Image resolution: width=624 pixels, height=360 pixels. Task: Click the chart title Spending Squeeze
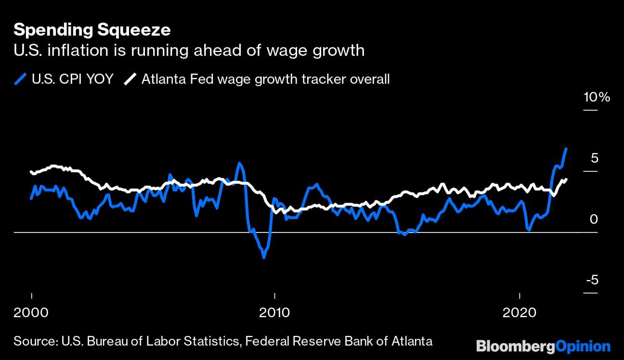tap(91, 30)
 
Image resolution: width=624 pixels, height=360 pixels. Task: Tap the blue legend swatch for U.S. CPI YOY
tap(20, 79)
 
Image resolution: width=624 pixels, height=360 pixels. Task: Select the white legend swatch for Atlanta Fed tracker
tap(130, 79)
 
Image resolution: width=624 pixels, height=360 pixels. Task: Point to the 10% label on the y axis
tap(597, 97)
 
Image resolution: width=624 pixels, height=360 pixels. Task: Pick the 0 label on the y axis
tap(593, 219)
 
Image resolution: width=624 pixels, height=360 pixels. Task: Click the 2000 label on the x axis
tap(31, 312)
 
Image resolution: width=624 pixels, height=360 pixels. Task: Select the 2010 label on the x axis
tap(274, 312)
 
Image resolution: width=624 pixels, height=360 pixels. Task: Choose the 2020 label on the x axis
tap(519, 312)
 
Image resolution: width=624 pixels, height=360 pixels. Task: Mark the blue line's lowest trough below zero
tap(264, 257)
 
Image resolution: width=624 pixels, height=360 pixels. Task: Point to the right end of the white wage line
tap(566, 180)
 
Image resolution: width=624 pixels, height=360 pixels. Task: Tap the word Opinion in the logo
tap(583, 346)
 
